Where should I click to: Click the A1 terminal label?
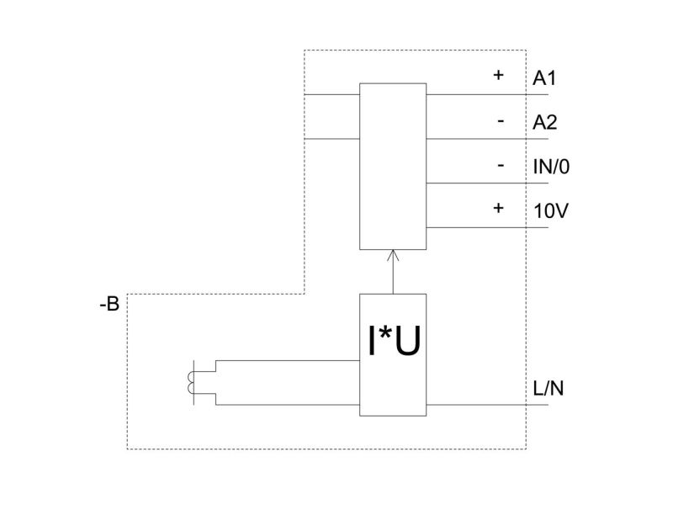544,78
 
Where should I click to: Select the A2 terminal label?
544,122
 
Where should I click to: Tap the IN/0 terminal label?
551,167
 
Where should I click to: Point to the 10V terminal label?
551,211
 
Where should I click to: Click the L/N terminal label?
548,388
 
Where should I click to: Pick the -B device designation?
109,304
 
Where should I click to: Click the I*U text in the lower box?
394,341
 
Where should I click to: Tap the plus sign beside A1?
498,75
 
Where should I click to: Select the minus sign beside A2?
501,121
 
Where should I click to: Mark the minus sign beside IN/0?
501,166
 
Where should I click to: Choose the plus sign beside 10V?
498,208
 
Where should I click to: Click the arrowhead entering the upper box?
393,255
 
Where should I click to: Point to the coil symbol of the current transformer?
191,383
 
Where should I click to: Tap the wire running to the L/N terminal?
487,405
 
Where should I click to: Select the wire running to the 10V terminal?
487,227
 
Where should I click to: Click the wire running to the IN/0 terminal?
487,183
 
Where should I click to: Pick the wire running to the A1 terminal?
487,94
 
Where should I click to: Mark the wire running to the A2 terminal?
487,139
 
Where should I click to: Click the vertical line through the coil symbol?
194,383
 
